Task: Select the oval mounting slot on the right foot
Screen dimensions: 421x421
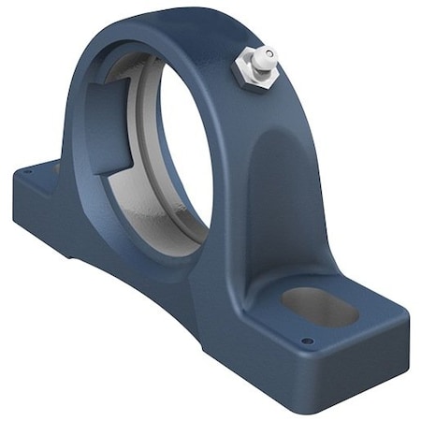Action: pos(319,305)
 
